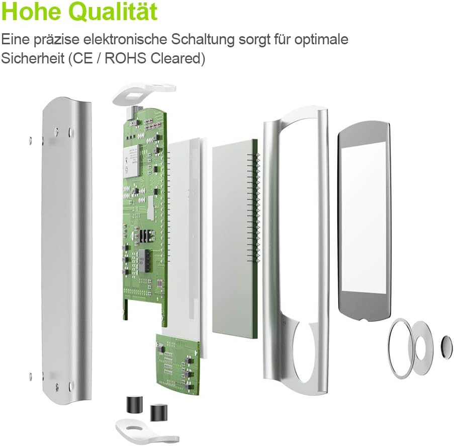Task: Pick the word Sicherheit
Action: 33,58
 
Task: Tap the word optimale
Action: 321,40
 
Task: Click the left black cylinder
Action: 134,404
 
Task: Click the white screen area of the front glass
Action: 364,221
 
